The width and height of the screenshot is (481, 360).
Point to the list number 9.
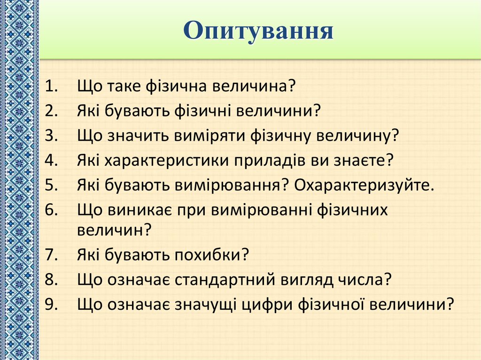click(x=51, y=304)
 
